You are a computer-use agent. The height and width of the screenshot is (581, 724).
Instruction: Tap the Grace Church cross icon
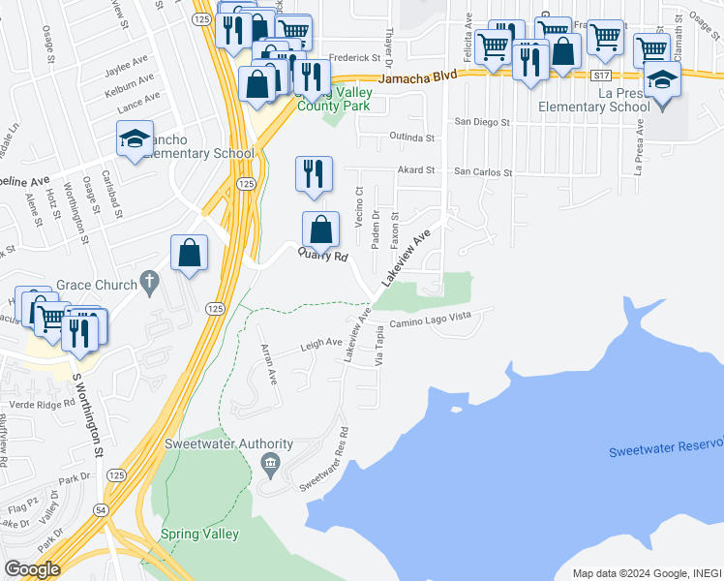click(x=148, y=283)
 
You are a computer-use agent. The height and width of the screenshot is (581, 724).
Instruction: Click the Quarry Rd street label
click(x=322, y=256)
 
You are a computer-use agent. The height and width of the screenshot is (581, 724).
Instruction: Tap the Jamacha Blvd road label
click(x=417, y=77)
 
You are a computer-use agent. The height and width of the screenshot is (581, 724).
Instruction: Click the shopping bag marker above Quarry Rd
click(x=320, y=229)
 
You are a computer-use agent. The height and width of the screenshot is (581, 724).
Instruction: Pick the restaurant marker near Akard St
click(x=313, y=173)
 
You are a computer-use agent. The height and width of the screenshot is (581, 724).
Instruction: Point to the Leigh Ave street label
click(x=321, y=343)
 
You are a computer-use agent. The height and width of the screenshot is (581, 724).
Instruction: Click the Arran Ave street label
click(x=266, y=363)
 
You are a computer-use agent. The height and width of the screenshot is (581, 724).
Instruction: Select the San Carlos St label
click(x=483, y=171)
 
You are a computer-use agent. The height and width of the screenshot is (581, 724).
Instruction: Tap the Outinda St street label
click(x=410, y=138)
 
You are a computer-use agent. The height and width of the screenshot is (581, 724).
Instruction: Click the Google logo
click(x=32, y=569)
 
